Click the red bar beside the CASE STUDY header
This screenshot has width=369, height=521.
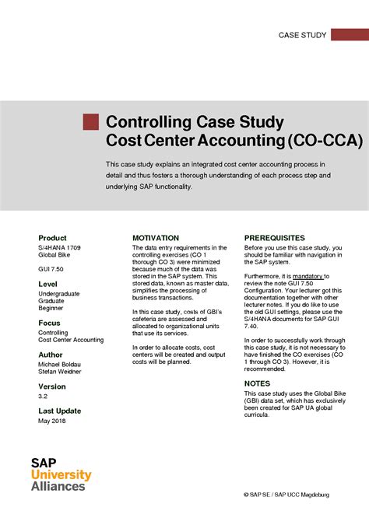349,35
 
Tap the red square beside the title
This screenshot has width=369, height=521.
91,121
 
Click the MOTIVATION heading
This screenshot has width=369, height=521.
156,238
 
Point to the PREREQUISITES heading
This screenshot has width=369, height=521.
275,238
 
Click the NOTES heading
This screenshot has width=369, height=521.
257,383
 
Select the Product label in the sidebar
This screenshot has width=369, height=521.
52,238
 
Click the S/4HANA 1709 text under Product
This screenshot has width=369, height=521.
60,247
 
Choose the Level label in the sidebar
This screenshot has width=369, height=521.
47,285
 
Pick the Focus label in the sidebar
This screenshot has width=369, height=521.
49,323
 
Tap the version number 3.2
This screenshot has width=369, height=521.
44,395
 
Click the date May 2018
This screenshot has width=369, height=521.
52,421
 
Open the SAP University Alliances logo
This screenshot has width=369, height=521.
61,474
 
